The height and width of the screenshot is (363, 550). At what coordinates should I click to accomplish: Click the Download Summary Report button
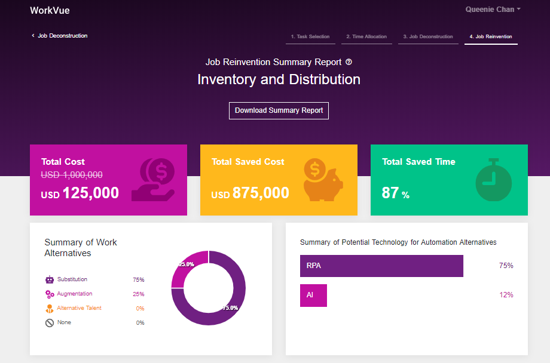coord(279,110)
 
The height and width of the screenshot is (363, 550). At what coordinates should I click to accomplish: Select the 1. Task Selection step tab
coord(310,37)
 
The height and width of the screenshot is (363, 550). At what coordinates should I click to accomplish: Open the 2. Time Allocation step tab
coord(366,37)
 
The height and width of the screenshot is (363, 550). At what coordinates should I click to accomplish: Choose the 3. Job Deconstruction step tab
coord(428,37)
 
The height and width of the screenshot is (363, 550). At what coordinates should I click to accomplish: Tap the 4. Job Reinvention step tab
coord(491,37)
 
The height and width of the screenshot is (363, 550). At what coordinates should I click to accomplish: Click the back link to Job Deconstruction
coord(60,36)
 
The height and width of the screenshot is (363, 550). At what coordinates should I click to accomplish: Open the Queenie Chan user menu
coord(493,10)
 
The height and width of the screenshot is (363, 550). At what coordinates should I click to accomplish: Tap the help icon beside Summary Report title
coord(349,62)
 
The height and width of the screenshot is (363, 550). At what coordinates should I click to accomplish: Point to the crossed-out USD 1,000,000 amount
coord(72,175)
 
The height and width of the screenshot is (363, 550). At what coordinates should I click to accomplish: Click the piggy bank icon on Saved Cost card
coord(322,180)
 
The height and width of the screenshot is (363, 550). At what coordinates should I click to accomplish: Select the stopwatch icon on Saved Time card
coord(494,180)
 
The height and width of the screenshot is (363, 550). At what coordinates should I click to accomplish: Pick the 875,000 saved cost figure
coord(261,193)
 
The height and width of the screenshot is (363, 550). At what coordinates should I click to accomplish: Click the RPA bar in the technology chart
coord(381,266)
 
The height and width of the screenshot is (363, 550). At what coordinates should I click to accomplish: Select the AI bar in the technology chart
coord(313,295)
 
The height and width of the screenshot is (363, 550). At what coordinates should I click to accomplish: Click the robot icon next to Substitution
coord(50,279)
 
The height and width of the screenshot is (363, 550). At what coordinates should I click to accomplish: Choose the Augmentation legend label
coord(75,294)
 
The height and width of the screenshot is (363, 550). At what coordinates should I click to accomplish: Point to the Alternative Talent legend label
coord(79,308)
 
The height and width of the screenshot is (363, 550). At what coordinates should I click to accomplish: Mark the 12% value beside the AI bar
coord(506,295)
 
